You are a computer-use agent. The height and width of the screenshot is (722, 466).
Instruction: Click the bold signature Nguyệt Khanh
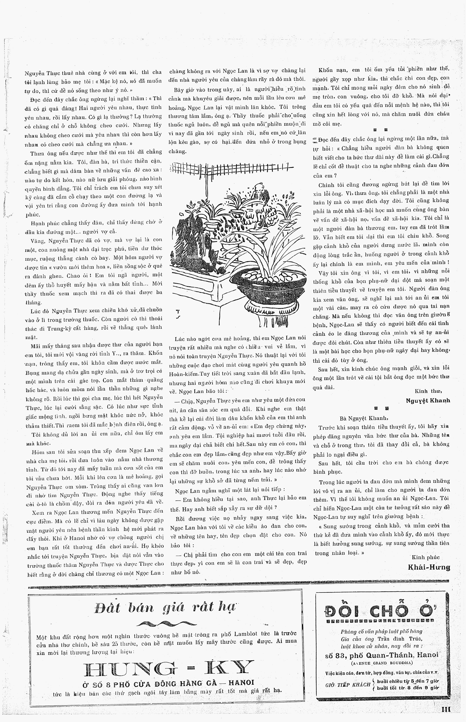coord(428,400)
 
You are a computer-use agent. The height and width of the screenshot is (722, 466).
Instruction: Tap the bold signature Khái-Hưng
coord(429,567)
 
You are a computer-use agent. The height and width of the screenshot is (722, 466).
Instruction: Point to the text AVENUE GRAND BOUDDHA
coord(382,663)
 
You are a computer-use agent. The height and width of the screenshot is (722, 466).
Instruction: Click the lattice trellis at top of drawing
coord(230,167)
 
